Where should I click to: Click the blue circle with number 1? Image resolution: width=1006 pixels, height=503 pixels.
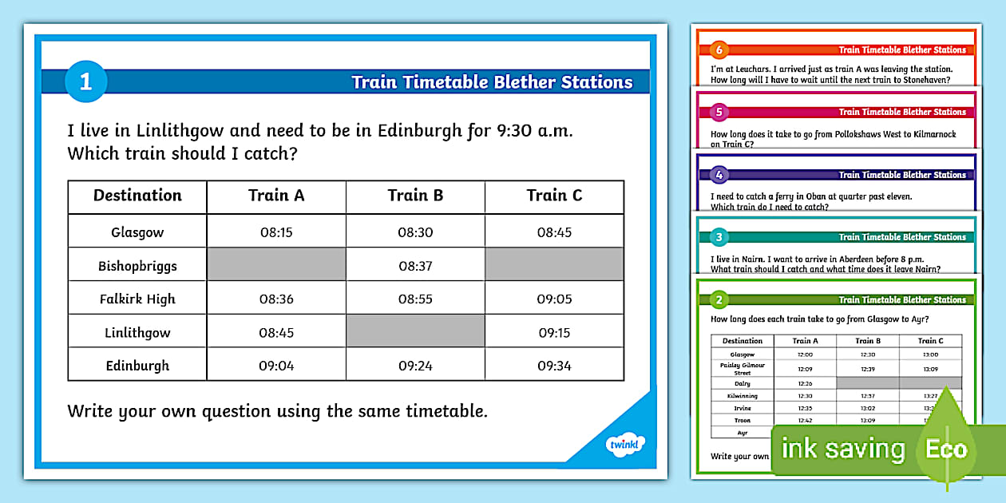point(85,81)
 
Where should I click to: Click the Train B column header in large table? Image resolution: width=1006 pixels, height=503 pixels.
point(415,196)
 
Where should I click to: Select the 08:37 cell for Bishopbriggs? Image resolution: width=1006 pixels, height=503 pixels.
point(415,266)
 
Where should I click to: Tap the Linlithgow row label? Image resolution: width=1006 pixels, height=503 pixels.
point(137,332)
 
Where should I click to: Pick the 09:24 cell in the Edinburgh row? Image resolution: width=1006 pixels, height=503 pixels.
point(415,366)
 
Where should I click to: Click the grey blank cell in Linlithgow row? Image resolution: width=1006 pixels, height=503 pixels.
point(415,331)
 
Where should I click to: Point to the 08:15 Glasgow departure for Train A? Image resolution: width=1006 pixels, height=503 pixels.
point(276,232)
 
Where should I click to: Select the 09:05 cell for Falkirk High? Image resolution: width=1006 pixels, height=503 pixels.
point(554,299)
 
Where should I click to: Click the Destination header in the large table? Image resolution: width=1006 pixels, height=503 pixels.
point(137,196)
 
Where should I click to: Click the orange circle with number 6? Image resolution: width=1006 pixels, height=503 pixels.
point(719,50)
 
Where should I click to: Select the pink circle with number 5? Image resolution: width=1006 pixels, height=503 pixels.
point(719,112)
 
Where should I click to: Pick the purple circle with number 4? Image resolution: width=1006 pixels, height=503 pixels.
point(719,175)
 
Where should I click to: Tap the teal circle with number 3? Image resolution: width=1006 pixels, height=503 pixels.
point(719,237)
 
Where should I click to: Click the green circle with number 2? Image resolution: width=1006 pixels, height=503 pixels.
point(719,299)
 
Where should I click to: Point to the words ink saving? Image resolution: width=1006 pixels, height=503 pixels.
point(842,449)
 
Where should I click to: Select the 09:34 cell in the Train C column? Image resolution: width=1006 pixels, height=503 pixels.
point(554,366)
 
